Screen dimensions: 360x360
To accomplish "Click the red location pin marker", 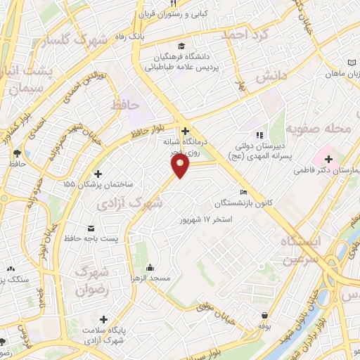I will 181,166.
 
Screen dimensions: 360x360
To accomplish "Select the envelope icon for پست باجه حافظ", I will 91,228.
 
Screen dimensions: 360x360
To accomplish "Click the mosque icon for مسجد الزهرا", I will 150,268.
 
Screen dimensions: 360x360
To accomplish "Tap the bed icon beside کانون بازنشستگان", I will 243,192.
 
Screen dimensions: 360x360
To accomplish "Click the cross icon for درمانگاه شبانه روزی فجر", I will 185,131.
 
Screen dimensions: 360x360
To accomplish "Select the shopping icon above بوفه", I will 264,315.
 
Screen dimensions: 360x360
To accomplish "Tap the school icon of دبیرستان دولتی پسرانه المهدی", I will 259,134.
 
